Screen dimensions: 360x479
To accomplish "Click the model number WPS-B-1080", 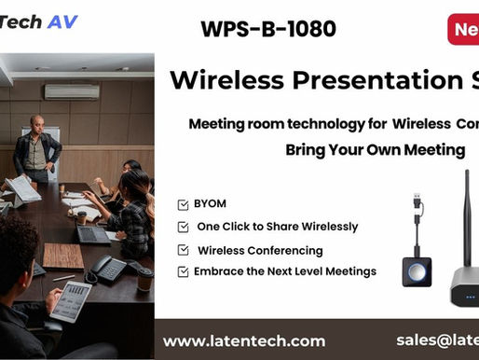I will tap(267, 29).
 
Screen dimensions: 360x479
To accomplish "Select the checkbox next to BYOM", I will tap(182, 204).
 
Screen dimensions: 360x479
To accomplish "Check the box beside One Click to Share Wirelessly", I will tap(182, 227).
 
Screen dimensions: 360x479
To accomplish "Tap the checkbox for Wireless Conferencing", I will tap(182, 250).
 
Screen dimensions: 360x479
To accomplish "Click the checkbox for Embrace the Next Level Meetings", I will tap(182, 271).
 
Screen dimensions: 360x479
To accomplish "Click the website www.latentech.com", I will tap(244, 340).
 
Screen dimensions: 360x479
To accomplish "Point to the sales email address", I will tap(436, 340).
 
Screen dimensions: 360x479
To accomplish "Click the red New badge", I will tap(463, 28).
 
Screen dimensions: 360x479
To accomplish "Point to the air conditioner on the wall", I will tap(71, 91).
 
